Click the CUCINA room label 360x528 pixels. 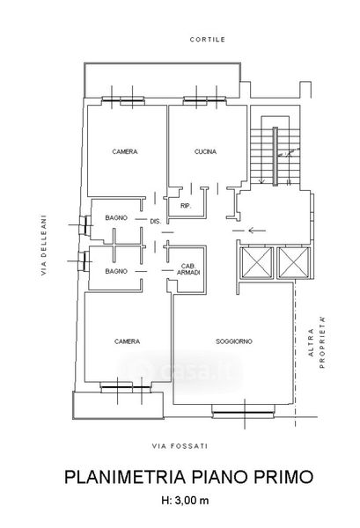click(x=205, y=152)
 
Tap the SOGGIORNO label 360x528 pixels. click(x=234, y=341)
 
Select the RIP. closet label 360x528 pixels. click(x=186, y=206)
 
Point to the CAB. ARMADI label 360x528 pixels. click(x=188, y=269)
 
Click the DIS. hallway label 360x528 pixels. click(x=156, y=222)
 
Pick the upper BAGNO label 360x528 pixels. click(x=116, y=218)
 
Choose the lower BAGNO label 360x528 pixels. click(x=116, y=271)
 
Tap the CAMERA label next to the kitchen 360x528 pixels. click(x=125, y=152)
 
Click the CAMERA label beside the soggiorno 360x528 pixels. click(x=127, y=341)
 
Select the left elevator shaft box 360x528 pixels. click(x=257, y=263)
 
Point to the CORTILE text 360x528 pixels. click(x=208, y=40)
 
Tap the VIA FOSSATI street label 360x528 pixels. click(x=180, y=446)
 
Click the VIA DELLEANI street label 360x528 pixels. click(x=44, y=246)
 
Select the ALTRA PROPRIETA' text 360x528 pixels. click(x=317, y=342)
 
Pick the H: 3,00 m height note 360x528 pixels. click(x=185, y=501)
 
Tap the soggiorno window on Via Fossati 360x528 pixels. click(x=243, y=412)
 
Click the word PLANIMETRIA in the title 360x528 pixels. click(x=125, y=477)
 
